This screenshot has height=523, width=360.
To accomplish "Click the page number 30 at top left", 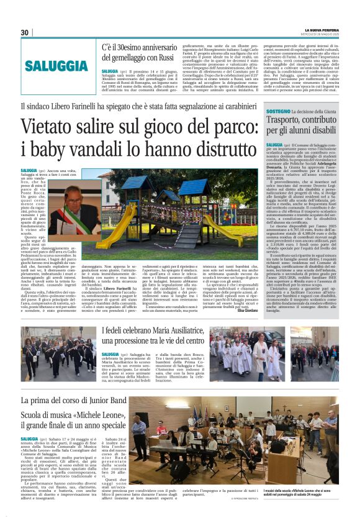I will pos(24,32).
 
